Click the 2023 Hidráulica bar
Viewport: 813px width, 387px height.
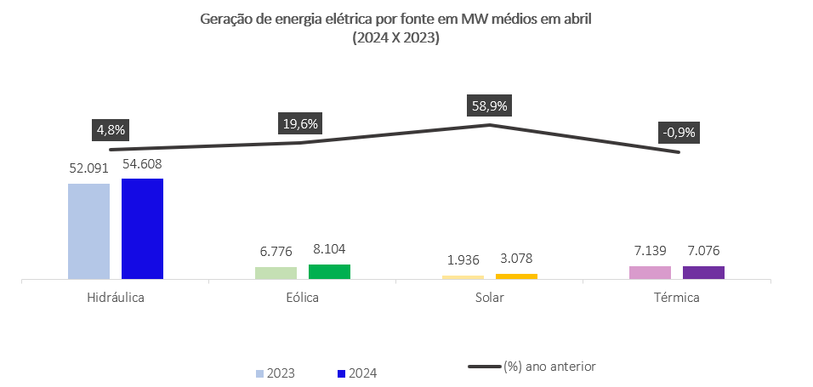(88, 230)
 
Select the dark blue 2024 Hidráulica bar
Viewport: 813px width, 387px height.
(142, 228)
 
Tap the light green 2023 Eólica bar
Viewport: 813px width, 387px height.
(276, 272)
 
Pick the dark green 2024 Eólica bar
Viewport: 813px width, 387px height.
(329, 271)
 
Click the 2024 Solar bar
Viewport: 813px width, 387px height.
(516, 276)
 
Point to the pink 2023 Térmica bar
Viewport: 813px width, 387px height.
(650, 272)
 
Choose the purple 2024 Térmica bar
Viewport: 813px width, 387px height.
(703, 272)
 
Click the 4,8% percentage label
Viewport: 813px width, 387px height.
(111, 130)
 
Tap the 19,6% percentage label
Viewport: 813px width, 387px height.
(299, 124)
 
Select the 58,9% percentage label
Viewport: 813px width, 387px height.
(488, 106)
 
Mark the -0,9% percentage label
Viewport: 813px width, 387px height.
(679, 133)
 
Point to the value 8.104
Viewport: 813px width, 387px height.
(329, 250)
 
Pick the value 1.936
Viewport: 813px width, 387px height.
(463, 259)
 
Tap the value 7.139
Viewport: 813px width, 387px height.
(650, 251)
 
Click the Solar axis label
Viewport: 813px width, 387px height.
(490, 299)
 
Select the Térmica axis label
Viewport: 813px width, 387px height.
(677, 299)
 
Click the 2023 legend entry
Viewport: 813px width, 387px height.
(277, 373)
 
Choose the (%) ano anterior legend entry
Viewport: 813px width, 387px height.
(532, 367)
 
